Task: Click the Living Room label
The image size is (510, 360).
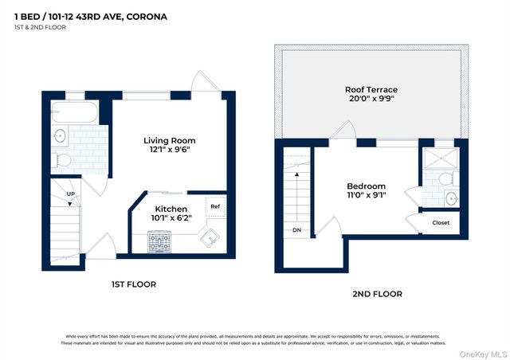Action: click(x=169, y=140)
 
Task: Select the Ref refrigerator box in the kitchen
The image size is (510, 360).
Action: click(x=215, y=207)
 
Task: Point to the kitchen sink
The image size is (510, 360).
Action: click(x=211, y=237)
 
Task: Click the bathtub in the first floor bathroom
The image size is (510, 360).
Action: click(x=77, y=111)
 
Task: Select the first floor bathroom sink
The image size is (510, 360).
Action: click(x=60, y=136)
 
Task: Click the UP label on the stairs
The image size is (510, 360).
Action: click(x=71, y=194)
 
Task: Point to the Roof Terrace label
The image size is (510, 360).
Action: click(x=371, y=90)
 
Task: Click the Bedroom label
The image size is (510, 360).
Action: click(x=366, y=186)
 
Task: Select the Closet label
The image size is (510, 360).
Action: click(x=441, y=223)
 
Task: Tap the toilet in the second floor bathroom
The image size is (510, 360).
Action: click(x=446, y=178)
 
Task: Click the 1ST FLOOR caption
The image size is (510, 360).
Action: click(x=132, y=284)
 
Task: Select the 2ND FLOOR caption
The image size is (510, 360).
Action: click(x=377, y=294)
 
